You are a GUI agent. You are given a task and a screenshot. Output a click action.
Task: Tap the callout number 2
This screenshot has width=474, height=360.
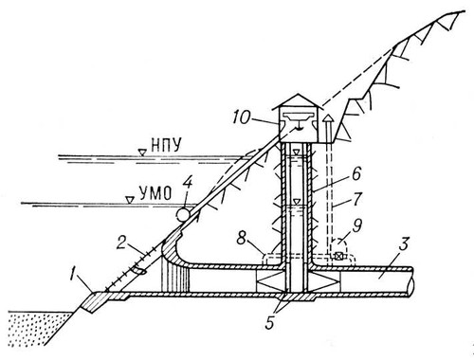121,243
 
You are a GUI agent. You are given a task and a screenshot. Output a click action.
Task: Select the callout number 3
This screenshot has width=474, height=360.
404,245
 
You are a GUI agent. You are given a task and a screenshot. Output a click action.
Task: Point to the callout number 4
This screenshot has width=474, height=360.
188,187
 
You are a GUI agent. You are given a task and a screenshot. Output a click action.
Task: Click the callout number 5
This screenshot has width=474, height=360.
269,323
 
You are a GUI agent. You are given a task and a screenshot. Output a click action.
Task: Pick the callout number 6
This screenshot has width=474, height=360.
356,173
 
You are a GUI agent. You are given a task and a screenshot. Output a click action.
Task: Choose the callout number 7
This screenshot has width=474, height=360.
357,200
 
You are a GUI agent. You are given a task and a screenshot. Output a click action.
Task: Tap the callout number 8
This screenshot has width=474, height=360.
242,239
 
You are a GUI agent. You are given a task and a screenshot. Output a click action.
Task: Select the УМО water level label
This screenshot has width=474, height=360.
155,192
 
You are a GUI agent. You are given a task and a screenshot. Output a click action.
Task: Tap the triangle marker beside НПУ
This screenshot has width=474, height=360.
143,152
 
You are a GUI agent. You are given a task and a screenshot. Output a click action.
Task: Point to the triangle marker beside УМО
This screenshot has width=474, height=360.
129,199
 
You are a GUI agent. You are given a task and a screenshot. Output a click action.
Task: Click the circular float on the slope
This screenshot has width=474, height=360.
183,215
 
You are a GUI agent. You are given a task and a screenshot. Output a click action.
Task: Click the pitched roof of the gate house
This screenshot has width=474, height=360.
298,101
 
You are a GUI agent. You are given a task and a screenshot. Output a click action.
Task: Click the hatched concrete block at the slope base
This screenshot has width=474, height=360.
95,301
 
